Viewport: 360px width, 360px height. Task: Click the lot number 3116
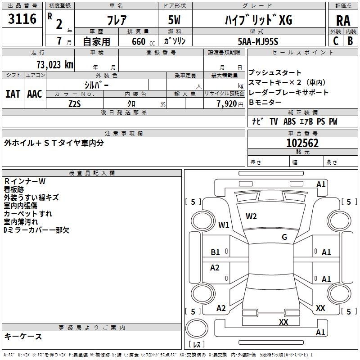pyautogui.click(x=22, y=20)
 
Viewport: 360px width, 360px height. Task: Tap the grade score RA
pyautogui.click(x=343, y=21)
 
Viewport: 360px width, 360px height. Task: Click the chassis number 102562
pyautogui.click(x=302, y=143)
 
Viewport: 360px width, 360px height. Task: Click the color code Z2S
pyautogui.click(x=75, y=103)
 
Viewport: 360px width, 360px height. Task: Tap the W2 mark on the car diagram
pyautogui.click(x=251, y=216)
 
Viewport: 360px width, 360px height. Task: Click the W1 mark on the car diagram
pyautogui.click(x=224, y=225)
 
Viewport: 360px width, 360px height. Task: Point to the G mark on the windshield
pyautogui.click(x=284, y=237)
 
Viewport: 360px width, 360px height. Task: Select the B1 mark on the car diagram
pyautogui.click(x=216, y=252)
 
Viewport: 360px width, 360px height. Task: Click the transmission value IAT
pyautogui.click(x=13, y=94)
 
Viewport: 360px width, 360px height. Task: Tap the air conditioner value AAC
pyautogui.click(x=35, y=94)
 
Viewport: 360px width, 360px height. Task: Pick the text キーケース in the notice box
pyautogui.click(x=23, y=336)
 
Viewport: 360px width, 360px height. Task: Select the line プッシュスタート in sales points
pyautogui.click(x=275, y=73)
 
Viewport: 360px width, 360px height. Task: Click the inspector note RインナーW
pyautogui.click(x=25, y=181)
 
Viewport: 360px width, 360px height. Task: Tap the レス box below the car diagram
pyautogui.click(x=197, y=345)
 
